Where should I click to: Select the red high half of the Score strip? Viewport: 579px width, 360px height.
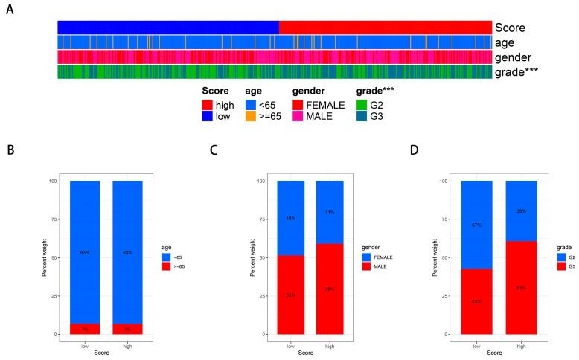[385, 28]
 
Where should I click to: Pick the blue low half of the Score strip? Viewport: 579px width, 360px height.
[167, 28]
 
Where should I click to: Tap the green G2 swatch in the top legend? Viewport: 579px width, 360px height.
[364, 105]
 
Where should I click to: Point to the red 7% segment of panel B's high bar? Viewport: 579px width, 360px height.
[127, 329]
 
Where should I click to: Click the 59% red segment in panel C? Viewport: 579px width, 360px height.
[330, 289]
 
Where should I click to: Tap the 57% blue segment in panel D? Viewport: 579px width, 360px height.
[476, 225]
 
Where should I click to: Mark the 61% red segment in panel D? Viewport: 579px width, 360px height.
[521, 288]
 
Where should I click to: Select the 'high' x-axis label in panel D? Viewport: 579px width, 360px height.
[521, 346]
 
